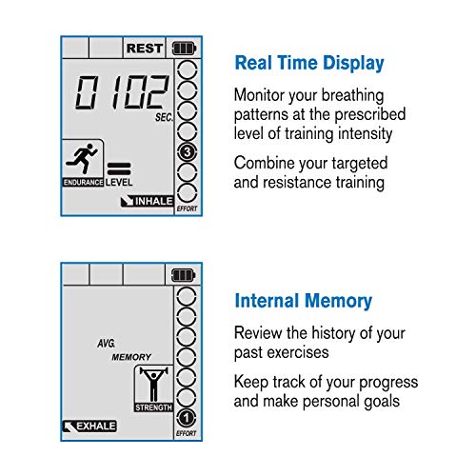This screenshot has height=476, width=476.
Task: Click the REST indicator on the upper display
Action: point(145,47)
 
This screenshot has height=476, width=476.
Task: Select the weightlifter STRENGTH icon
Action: point(152,387)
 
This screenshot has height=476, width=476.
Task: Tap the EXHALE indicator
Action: point(89,426)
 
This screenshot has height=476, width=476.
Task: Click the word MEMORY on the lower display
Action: point(131,357)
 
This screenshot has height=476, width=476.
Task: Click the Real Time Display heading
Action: point(309,64)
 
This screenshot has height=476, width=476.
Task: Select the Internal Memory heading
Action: point(303,302)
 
